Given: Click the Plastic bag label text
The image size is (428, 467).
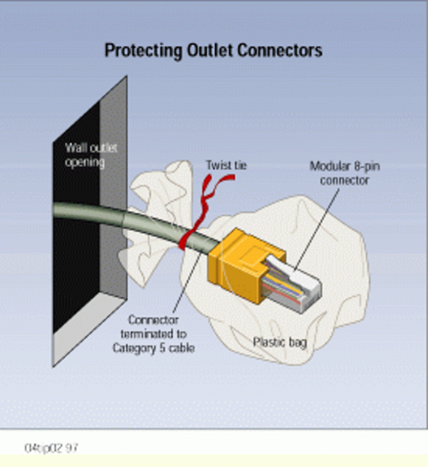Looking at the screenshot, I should (x=279, y=342).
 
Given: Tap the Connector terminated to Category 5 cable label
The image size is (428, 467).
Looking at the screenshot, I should (x=153, y=334).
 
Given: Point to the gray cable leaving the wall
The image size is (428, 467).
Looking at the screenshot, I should (x=92, y=214).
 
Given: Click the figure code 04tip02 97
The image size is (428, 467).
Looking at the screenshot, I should (x=52, y=448).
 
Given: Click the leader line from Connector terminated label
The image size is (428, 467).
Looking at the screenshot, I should (x=183, y=282).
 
